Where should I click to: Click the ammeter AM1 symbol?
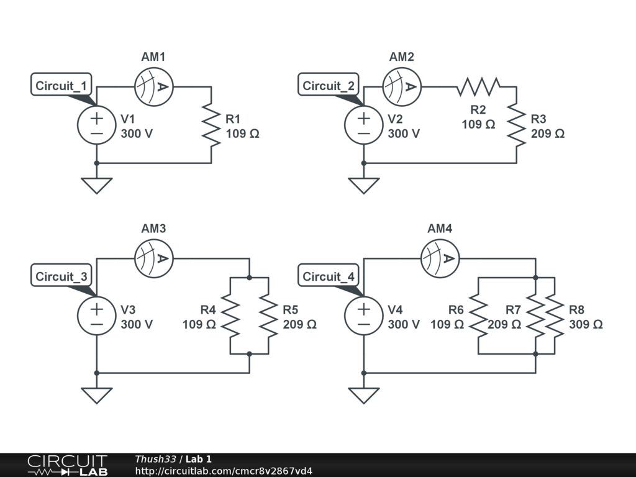coord(153,87)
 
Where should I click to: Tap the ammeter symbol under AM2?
coord(402,87)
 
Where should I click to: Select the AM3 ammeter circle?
coord(153,258)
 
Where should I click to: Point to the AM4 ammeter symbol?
coord(440,258)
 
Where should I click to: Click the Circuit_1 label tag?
coord(62,86)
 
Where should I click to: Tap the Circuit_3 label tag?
coord(62,276)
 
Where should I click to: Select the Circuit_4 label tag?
coord(329,276)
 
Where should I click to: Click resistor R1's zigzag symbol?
coord(212,125)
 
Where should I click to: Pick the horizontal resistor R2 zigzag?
coord(478,87)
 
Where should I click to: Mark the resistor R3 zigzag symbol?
coord(516,125)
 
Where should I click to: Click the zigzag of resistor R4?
coord(230,316)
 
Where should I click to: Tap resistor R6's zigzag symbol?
coord(478,316)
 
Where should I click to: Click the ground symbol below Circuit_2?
coord(363,185)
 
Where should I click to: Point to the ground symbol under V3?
coord(96,395)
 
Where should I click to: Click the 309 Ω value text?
coord(585,324)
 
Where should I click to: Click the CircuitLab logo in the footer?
coord(67,465)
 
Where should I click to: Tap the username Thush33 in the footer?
coord(155,459)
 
